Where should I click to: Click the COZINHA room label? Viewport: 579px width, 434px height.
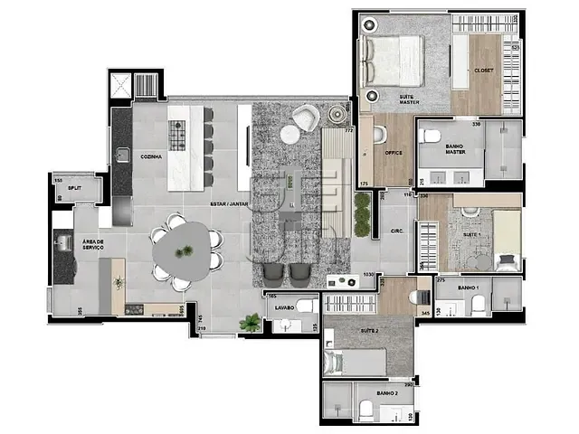point(151,156)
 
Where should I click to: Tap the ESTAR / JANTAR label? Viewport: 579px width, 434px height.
point(231,204)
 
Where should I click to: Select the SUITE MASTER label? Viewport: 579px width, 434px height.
point(409,100)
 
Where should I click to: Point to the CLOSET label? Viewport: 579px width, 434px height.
point(483,71)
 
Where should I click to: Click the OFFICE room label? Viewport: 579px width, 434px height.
point(393,153)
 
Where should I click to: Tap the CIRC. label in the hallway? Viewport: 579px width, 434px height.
point(395,231)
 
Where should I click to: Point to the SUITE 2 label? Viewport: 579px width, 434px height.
point(370,330)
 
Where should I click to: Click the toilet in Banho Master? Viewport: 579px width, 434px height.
point(431,137)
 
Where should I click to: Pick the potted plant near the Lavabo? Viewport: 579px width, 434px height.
point(251,322)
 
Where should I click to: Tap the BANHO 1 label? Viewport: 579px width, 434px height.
point(468,288)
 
